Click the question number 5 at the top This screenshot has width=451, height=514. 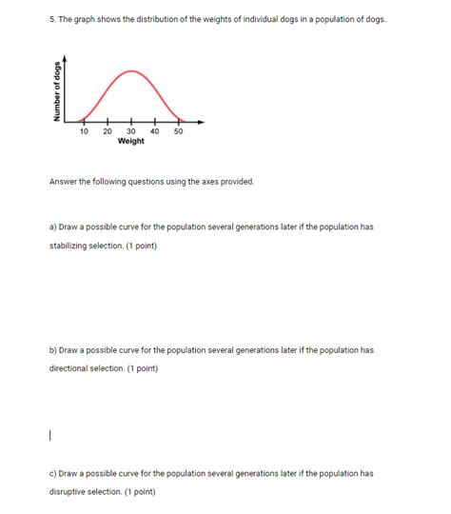click(x=52, y=19)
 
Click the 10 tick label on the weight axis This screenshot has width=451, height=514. click(x=84, y=130)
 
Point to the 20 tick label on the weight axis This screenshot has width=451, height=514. click(x=107, y=130)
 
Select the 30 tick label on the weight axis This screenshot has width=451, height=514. click(x=130, y=130)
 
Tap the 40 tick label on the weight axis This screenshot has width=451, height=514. click(x=154, y=130)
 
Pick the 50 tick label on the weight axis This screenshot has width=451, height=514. click(x=178, y=130)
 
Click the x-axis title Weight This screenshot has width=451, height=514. click(x=130, y=141)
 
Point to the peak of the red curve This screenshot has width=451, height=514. click(x=131, y=71)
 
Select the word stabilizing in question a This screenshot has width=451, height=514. click(x=71, y=246)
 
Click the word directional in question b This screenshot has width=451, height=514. click(x=72, y=368)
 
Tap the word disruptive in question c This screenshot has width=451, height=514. click(x=70, y=491)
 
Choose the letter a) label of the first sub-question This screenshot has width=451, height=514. click(x=53, y=227)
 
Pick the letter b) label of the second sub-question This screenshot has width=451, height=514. click(x=53, y=350)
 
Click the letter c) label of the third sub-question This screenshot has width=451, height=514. click(x=53, y=473)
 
